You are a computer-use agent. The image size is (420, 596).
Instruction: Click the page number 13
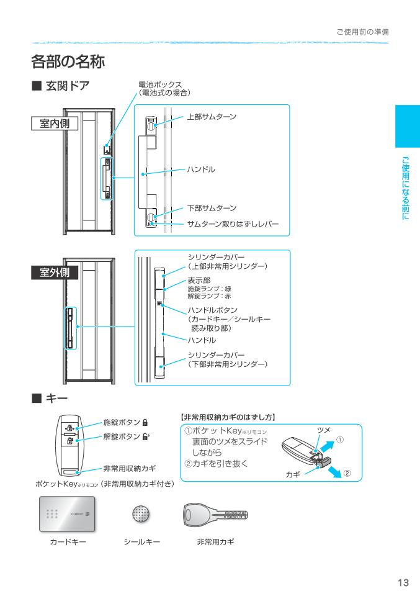click(x=403, y=582)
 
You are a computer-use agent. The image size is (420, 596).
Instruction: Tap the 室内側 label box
click(x=55, y=123)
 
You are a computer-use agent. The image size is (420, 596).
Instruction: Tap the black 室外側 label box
click(x=55, y=273)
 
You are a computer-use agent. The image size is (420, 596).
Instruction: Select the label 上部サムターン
click(x=212, y=117)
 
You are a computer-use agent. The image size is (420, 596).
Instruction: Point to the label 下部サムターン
click(x=212, y=208)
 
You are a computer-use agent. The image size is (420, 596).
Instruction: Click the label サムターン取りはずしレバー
click(x=233, y=223)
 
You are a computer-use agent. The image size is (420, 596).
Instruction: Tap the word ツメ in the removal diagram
click(x=323, y=429)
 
